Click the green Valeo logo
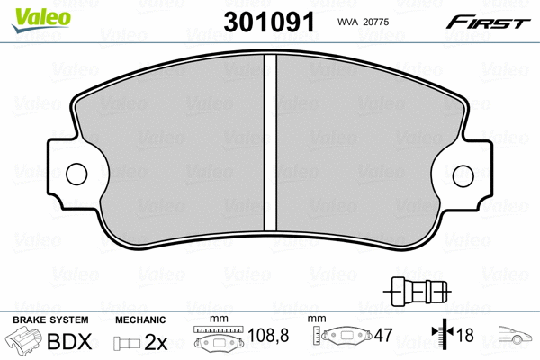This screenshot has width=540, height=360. pos(41,20)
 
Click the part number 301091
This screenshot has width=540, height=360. pos(269,22)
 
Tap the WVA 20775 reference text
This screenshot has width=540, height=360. pos(363,22)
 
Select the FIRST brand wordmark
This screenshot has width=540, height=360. pos(488,22)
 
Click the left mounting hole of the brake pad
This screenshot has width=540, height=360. pos(76,174)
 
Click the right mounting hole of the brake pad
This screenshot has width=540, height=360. pos(463,176)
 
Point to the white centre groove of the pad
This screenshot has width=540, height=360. pos(270,143)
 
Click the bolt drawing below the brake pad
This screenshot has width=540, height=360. pos(418,292)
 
